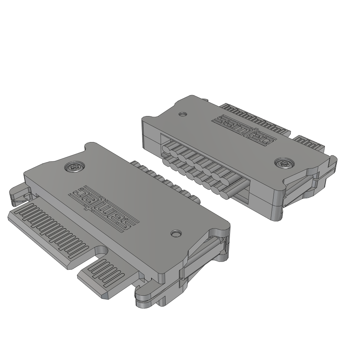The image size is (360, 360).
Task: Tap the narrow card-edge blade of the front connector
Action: (105, 276)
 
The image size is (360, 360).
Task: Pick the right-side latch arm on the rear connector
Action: (302, 183)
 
